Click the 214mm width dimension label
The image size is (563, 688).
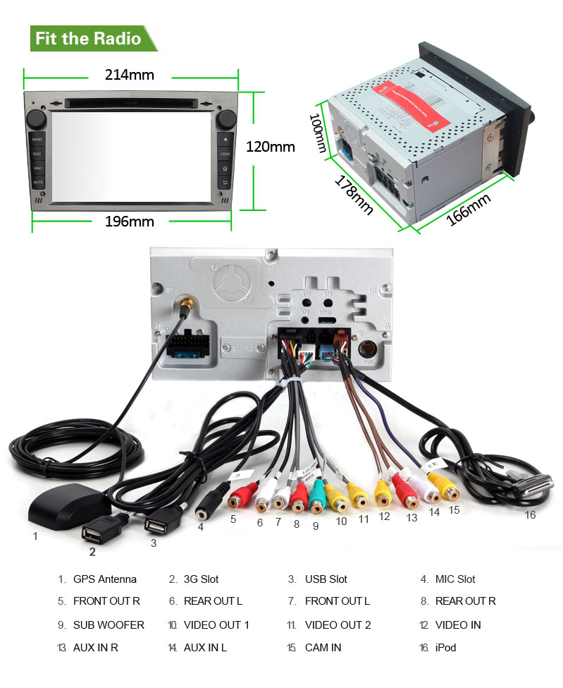130,75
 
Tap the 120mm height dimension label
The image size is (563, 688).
270,147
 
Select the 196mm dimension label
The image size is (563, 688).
130,222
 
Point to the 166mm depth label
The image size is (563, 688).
469,210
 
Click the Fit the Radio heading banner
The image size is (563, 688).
89,38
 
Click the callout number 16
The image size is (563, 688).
530,515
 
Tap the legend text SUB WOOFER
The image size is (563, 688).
109,625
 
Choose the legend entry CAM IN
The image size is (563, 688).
323,648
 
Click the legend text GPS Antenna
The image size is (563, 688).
105,579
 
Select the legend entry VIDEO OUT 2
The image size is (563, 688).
338,625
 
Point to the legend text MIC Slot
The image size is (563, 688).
455,579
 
